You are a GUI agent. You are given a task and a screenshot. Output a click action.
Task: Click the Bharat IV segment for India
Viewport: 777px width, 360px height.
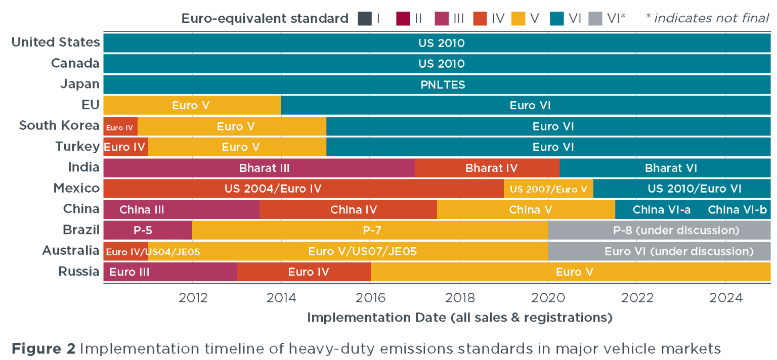(x=487, y=168)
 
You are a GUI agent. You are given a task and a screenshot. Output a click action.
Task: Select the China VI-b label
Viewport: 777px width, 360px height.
(x=737, y=209)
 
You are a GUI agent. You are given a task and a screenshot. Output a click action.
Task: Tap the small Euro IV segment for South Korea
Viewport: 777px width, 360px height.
(x=120, y=126)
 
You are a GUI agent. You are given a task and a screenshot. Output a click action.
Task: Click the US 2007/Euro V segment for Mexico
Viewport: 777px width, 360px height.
(x=548, y=189)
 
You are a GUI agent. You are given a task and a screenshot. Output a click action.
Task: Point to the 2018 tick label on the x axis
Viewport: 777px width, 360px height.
(x=459, y=297)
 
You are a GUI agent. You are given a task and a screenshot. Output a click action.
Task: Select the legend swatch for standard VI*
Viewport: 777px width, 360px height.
(x=594, y=19)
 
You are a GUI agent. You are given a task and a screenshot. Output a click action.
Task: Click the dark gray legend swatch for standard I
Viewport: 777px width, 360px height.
(x=365, y=19)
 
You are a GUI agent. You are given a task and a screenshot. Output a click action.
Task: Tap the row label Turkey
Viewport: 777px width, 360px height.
(x=77, y=147)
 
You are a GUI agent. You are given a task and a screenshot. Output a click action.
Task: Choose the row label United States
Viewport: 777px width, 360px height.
(x=56, y=42)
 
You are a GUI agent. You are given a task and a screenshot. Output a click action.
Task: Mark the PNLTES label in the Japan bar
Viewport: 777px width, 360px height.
(x=443, y=85)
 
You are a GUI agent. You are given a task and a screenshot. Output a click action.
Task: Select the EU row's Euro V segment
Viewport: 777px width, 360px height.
(x=192, y=106)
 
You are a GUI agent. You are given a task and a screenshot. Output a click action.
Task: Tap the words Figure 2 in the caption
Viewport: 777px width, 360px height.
(x=44, y=348)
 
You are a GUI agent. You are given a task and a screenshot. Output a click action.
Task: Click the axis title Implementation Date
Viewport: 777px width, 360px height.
(x=459, y=318)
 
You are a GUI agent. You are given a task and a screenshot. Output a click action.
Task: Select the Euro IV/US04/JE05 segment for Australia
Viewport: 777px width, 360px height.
(x=125, y=251)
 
